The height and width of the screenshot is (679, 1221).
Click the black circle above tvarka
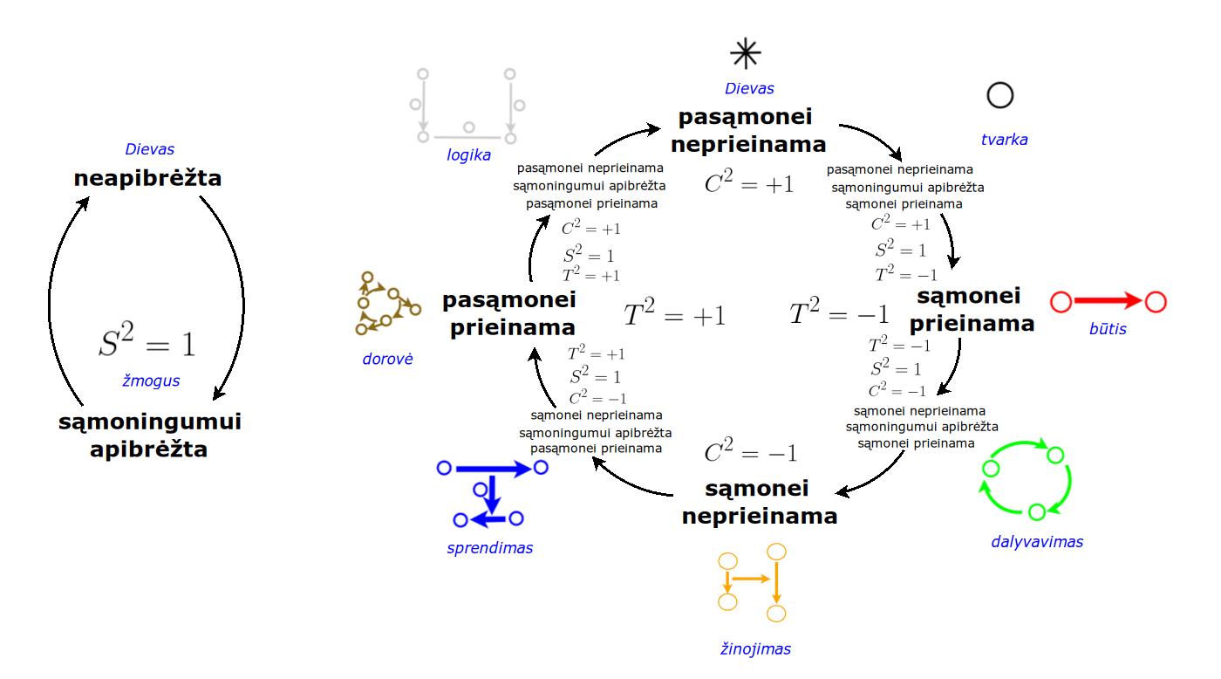tap(999, 94)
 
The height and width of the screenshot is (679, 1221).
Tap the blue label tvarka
tap(1005, 139)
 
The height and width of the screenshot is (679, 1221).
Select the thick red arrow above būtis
tap(1108, 302)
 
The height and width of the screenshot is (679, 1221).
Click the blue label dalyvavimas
tap(1036, 541)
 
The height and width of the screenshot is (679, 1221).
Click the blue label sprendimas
tap(489, 548)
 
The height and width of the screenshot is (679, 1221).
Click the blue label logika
tap(469, 155)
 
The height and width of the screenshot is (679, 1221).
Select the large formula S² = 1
tap(147, 343)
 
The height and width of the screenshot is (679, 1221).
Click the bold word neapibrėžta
tap(147, 179)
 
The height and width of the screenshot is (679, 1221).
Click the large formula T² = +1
tap(674, 315)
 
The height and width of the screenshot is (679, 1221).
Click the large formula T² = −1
tap(839, 313)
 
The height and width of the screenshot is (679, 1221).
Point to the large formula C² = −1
tap(750, 453)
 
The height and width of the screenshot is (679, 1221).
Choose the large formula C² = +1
tap(749, 183)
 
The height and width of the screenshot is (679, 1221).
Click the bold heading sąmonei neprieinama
tap(759, 502)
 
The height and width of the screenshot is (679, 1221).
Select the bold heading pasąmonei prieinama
tap(508, 313)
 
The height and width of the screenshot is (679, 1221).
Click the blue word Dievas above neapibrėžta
tap(149, 149)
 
